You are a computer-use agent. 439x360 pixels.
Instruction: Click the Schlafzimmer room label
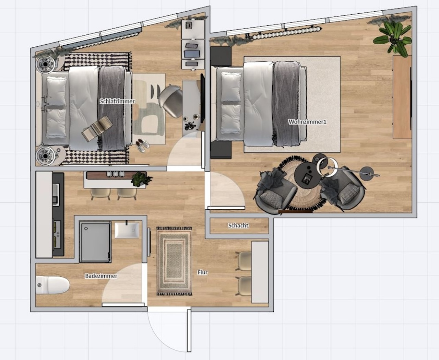click(117, 102)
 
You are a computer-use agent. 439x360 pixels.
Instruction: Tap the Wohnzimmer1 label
click(307, 122)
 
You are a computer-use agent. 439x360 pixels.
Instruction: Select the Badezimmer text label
click(101, 276)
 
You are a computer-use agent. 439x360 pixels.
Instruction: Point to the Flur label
click(203, 272)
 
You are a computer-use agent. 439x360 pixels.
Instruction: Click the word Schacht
click(238, 225)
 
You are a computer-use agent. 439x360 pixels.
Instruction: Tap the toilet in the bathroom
click(52, 285)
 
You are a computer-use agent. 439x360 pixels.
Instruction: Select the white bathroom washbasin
click(127, 230)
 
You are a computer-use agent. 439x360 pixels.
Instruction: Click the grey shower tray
click(95, 242)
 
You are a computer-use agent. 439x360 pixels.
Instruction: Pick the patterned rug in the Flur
click(174, 261)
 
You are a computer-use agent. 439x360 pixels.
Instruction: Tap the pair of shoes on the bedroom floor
click(143, 146)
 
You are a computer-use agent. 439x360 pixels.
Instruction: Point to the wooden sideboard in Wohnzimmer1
click(402, 97)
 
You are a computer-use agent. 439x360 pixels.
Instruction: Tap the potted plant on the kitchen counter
click(141, 179)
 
